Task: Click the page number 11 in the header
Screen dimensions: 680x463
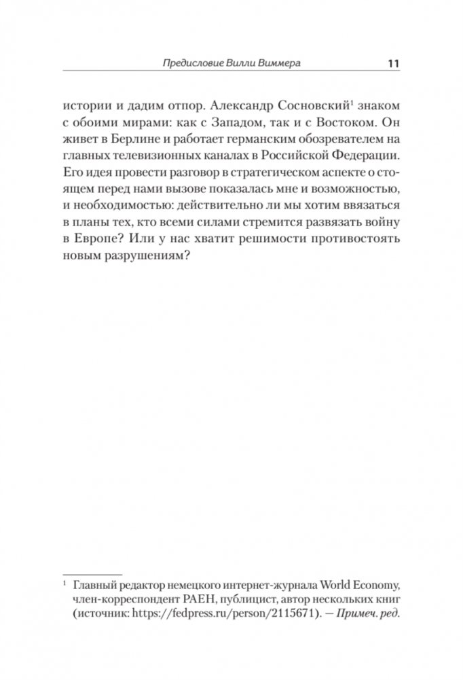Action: pyautogui.click(x=392, y=64)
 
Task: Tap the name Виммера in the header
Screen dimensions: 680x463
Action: pyautogui.click(x=278, y=64)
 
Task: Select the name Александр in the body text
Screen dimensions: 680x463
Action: pyautogui.click(x=239, y=107)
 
